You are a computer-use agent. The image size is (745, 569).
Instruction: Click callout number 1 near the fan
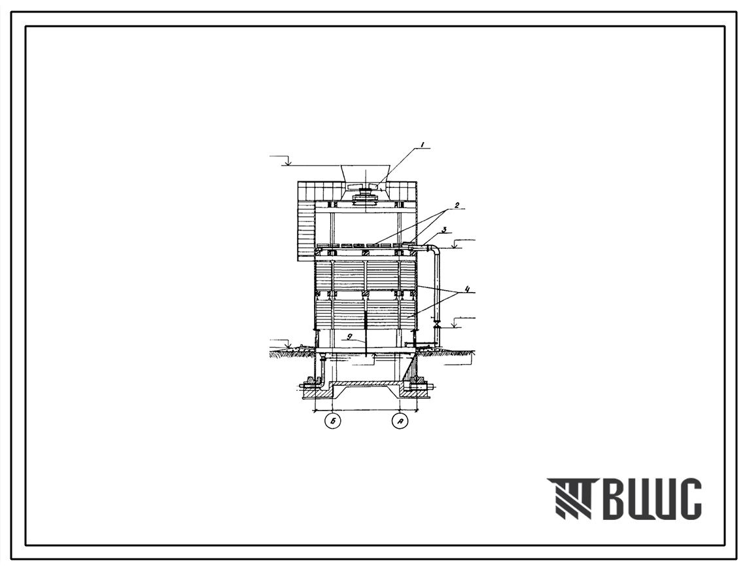tap(421, 144)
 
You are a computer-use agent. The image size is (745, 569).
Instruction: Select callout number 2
tap(457, 205)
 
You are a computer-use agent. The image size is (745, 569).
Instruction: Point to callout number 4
tap(468, 288)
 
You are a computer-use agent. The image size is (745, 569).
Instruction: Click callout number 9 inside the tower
tap(349, 337)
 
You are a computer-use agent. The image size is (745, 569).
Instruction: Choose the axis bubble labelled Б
tap(332, 421)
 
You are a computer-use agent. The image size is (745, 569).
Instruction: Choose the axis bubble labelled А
tap(400, 421)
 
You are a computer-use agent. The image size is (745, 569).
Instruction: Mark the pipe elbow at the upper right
tap(435, 249)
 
